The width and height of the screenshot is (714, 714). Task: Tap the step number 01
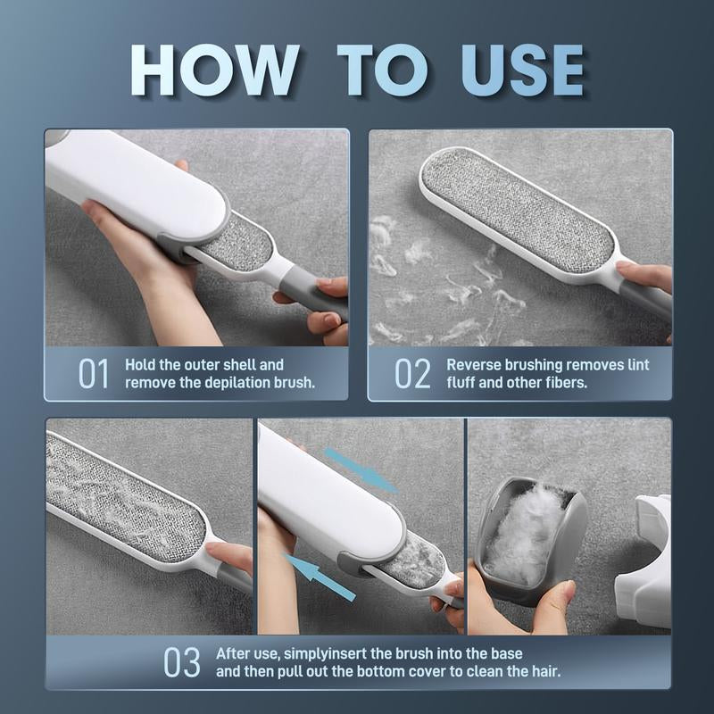coord(94,374)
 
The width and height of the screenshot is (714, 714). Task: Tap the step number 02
coord(412,374)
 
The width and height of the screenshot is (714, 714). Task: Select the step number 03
coord(181,663)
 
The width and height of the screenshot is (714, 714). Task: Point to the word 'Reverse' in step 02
coord(475,365)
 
